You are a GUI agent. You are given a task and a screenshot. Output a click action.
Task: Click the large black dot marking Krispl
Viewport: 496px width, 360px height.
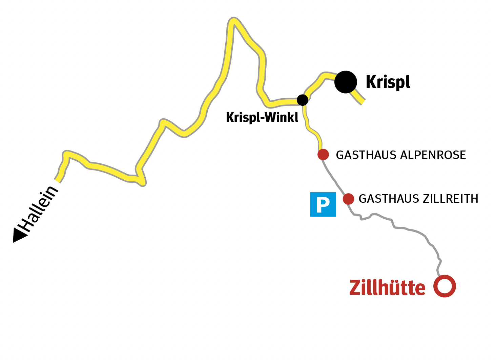pos(346,82)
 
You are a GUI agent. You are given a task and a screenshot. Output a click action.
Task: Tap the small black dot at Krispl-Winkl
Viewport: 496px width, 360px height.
pos(303,100)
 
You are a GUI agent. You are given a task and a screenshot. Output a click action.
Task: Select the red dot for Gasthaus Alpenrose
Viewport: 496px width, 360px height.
pos(323,155)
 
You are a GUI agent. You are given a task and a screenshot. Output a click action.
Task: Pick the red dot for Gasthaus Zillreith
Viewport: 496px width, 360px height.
pos(348,199)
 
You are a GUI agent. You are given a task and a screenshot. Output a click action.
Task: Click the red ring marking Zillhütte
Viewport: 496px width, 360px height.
pos(445,286)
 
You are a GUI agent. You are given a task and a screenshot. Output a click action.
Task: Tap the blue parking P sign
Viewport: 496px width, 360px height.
pos(323,204)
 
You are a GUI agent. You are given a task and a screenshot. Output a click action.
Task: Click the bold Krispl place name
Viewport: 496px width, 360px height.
pos(388,82)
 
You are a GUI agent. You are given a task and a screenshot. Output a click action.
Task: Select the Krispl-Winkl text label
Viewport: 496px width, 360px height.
pos(262,118)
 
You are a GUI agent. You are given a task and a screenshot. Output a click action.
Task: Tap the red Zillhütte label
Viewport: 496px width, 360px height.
pos(387,288)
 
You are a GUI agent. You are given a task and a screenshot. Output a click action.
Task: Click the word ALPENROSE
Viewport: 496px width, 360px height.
pos(433,155)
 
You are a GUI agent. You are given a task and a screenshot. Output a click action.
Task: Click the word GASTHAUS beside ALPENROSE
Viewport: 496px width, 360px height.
pos(366,155)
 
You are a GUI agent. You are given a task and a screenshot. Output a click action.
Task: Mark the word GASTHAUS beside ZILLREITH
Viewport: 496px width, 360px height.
pos(389,199)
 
